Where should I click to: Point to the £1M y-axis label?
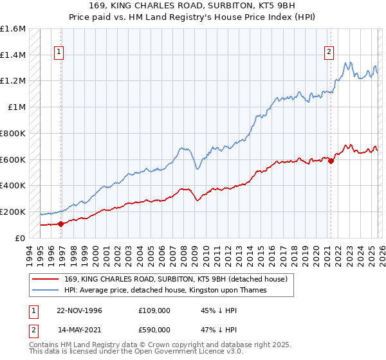point(17,107)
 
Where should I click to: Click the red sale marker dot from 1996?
point(61,224)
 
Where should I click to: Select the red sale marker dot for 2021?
point(331,161)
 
